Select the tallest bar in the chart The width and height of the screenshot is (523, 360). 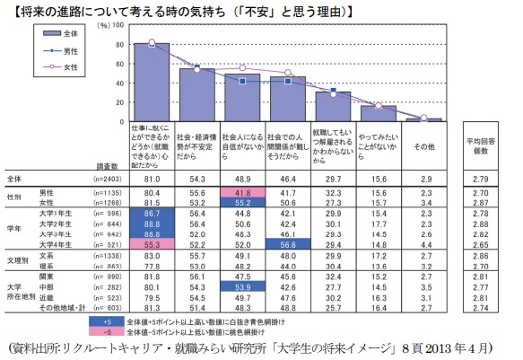coord(151,82)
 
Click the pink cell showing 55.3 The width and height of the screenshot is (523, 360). coord(151,243)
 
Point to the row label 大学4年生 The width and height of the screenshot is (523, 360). coord(55,243)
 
